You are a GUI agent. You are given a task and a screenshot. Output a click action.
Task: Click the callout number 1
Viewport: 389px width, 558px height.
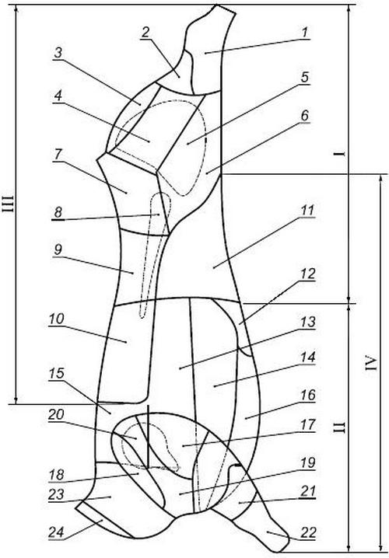[304, 33]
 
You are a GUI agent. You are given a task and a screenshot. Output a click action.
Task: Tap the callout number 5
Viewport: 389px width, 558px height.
[304, 77]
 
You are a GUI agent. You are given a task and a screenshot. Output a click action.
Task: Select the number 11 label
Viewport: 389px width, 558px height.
[307, 210]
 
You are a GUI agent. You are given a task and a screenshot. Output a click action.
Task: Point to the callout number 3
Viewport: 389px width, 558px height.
[58, 53]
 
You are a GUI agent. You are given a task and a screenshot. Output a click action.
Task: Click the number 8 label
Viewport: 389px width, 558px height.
[58, 212]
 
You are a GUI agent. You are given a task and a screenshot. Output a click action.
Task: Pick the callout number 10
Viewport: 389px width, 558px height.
[57, 319]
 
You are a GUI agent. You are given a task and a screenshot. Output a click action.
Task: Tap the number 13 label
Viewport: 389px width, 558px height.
[308, 322]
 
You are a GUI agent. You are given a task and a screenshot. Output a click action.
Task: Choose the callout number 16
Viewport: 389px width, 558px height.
[309, 395]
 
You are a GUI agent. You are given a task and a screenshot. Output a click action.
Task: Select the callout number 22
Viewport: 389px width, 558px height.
[309, 532]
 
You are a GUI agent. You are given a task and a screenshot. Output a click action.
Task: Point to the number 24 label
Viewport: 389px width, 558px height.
[56, 532]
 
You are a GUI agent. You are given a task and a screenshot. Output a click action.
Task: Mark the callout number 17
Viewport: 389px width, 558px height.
[309, 424]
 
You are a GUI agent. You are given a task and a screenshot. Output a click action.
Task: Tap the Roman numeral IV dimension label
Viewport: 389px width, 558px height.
[372, 363]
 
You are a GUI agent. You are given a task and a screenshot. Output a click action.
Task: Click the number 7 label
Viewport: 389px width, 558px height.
[58, 155]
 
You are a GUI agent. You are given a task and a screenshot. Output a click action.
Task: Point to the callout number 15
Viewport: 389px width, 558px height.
[56, 373]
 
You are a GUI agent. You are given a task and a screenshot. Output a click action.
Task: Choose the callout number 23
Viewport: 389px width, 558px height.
[56, 494]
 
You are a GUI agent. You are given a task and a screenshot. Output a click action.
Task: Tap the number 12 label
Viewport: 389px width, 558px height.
[308, 274]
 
